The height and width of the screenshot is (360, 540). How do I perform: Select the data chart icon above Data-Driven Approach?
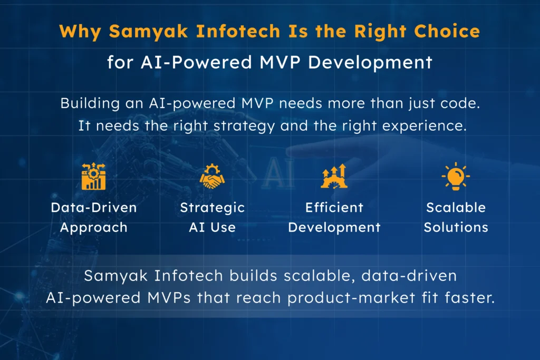coord(93,177)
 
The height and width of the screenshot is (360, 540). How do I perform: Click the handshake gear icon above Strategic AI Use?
coord(212,177)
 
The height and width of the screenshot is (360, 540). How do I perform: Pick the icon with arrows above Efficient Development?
coord(334,177)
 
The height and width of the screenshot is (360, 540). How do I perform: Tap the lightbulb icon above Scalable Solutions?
coord(456,177)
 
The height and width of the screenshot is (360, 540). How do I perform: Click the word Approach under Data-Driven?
coord(93,228)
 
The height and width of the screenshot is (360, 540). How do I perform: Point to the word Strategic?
coord(212,208)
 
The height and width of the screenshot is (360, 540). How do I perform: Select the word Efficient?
coord(334,208)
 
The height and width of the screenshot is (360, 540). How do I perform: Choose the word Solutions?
coord(456,228)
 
